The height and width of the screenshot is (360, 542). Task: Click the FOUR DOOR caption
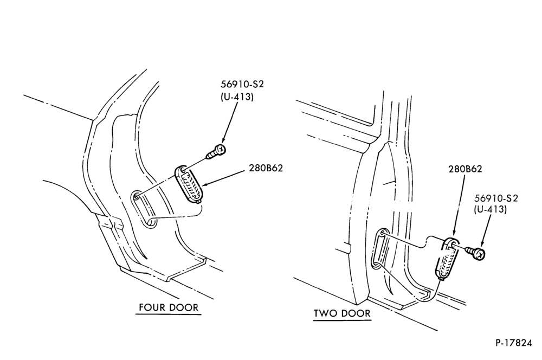tap(169, 307)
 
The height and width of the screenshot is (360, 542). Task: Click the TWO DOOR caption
tap(342, 313)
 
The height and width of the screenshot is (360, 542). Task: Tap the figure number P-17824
tap(514, 343)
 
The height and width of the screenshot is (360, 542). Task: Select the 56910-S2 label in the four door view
tap(239, 84)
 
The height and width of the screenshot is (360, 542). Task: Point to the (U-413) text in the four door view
tap(237, 97)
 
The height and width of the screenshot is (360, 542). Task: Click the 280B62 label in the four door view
tap(266, 168)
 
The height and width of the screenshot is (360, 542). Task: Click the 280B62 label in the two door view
tap(465, 169)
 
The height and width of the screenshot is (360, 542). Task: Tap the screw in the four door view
tap(216, 152)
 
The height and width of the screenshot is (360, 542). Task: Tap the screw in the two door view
tap(476, 253)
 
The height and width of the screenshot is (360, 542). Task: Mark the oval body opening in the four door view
tap(144, 209)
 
